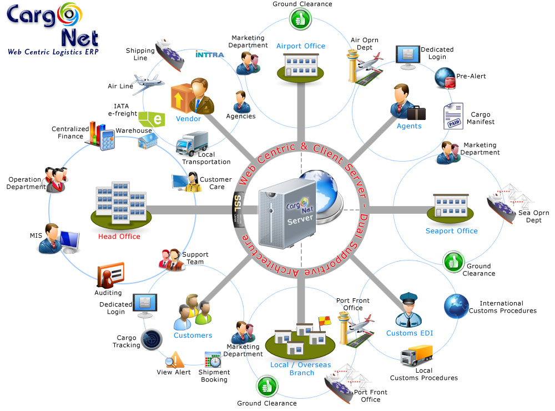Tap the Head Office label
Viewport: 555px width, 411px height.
point(119,236)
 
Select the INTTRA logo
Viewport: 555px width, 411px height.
point(209,54)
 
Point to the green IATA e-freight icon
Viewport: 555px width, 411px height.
point(152,119)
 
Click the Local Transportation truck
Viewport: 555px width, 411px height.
point(192,144)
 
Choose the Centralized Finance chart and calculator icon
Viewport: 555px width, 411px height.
point(100,136)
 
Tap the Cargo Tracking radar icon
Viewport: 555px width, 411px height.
point(152,339)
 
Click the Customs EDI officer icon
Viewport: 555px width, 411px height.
point(409,310)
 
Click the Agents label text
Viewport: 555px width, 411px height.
point(409,126)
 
